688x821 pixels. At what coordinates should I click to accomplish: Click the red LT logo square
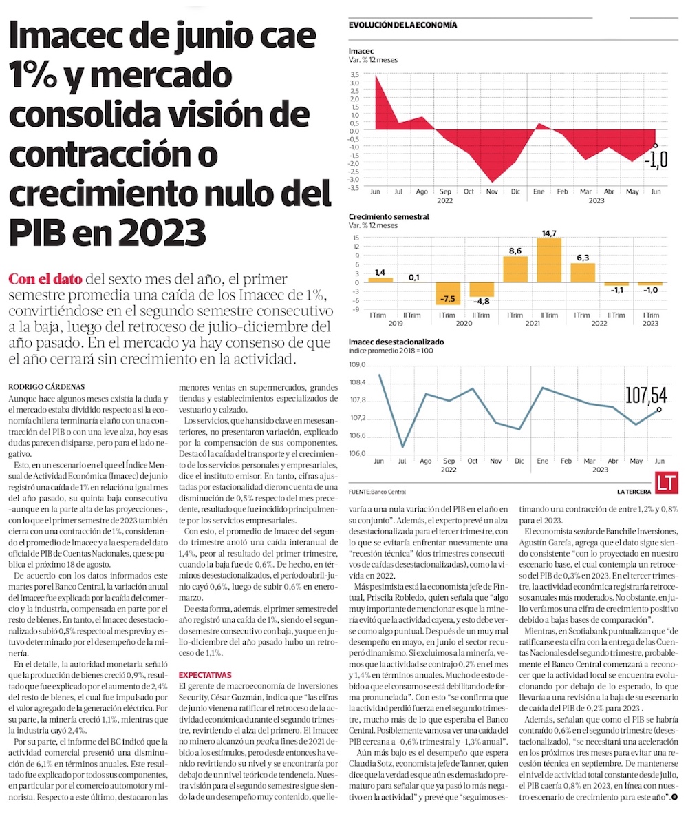tap(666, 483)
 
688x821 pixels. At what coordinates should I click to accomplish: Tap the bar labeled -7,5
tap(448, 293)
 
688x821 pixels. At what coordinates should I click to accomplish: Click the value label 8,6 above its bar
tap(515, 251)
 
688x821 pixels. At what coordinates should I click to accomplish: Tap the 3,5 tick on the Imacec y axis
tap(354, 74)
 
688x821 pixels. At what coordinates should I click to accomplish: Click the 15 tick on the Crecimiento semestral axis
tap(356, 238)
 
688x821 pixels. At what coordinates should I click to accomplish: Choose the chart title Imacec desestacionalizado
tap(396, 341)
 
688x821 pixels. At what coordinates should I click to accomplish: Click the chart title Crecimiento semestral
tap(389, 216)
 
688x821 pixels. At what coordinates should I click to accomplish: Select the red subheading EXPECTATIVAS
tap(206, 674)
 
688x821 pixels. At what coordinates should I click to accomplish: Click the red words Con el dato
tap(45, 280)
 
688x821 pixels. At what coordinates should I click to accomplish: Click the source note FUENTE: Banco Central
tap(377, 492)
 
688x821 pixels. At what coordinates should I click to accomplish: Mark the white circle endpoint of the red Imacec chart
tap(655, 145)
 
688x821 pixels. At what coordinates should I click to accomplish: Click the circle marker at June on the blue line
tap(659, 409)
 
